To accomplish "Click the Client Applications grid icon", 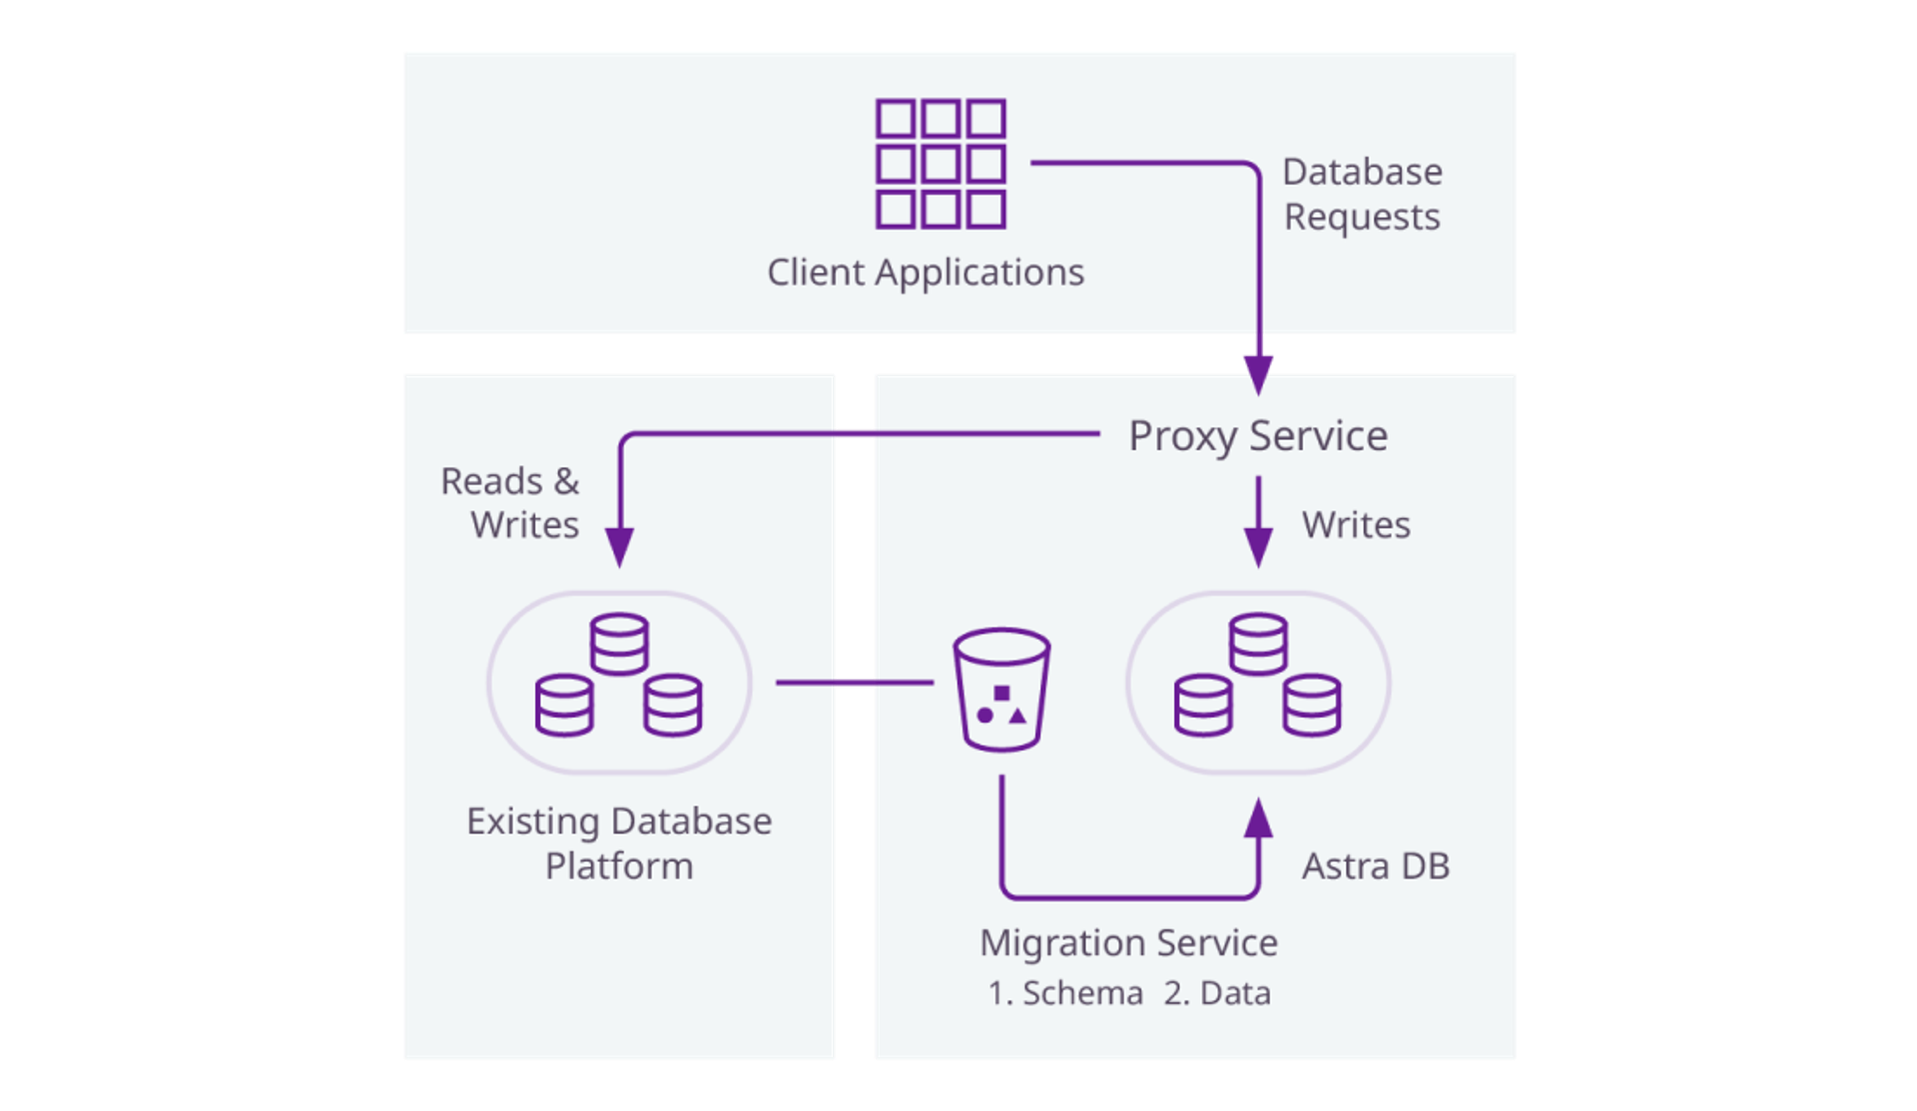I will point(941,164).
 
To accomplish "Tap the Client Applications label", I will point(926,273).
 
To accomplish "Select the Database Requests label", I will point(1362,195).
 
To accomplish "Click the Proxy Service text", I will point(1258,436).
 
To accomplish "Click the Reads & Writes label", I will point(511,503).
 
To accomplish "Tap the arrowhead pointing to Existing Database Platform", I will point(619,547).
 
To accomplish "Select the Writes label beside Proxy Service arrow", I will point(1356,525).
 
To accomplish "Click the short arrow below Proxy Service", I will point(1258,521).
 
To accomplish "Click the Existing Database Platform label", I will point(619,843).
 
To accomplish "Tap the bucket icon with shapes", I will point(1001,689).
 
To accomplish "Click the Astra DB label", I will point(1375,866).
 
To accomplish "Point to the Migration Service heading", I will point(1128,943).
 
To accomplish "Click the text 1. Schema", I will point(1065,994).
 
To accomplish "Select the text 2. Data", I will point(1217,994).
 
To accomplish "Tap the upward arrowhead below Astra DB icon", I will point(1258,819).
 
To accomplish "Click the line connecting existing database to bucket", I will point(854,683).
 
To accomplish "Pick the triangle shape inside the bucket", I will point(1017,716).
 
